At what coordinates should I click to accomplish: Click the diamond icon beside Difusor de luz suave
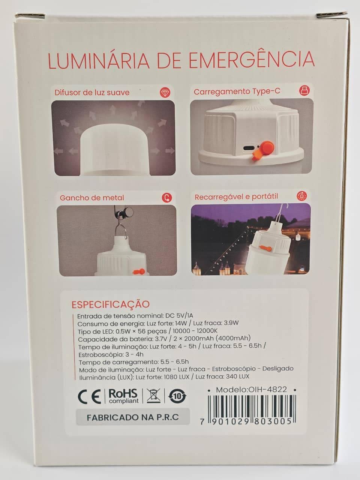(x=165, y=93)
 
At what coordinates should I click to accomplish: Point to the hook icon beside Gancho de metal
(x=167, y=198)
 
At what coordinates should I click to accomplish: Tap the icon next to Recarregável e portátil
(x=302, y=196)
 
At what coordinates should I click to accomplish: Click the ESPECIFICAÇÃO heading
(x=111, y=304)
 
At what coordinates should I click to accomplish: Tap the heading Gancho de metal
(x=92, y=198)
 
